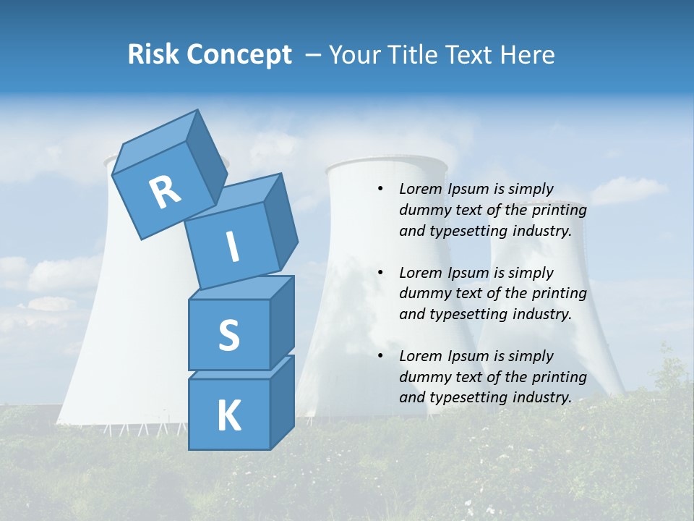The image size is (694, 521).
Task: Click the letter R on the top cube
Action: tap(165, 192)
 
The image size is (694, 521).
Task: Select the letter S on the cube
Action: tap(228, 336)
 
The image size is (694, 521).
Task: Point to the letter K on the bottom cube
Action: tap(228, 416)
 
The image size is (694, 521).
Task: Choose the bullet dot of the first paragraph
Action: tap(380, 190)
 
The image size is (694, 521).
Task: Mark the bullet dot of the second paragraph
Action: tap(380, 274)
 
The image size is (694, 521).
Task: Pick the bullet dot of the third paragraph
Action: tap(380, 357)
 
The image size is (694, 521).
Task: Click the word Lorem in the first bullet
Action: tap(419, 190)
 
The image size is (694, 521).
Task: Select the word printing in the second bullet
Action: tap(558, 294)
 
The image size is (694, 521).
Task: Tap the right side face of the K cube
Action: tap(282, 402)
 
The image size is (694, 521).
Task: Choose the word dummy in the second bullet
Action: tap(423, 294)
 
